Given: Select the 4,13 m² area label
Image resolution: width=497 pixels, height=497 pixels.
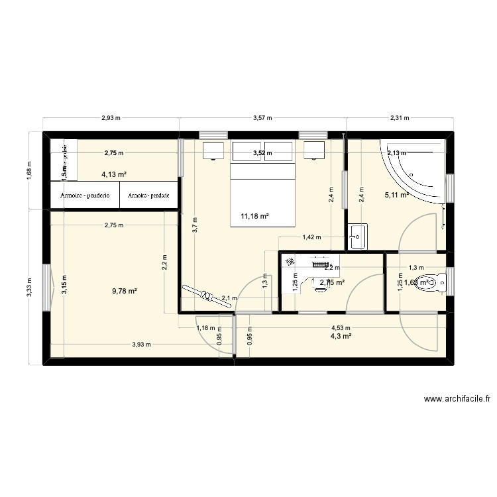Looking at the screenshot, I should (x=114, y=175).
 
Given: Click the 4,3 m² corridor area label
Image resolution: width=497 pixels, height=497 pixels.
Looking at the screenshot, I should (x=341, y=336).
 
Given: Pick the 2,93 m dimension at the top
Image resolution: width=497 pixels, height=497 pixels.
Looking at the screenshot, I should (x=111, y=119).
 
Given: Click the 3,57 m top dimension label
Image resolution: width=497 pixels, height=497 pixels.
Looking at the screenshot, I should (x=262, y=119).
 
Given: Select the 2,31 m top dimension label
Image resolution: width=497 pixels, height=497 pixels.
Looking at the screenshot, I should (x=400, y=119).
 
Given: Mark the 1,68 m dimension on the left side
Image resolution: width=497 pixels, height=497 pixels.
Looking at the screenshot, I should (x=29, y=170).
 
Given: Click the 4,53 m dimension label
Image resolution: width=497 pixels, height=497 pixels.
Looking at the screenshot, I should (x=341, y=327).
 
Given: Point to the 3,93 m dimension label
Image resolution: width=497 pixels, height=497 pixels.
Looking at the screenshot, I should (x=141, y=344).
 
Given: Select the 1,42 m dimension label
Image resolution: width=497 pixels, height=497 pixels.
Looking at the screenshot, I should (x=311, y=237).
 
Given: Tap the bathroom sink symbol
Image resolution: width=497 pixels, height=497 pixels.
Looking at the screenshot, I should (x=357, y=237).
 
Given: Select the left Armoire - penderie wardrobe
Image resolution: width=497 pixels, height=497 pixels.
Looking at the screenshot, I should (x=84, y=195).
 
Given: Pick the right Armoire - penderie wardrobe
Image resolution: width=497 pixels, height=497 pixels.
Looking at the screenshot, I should (x=148, y=195).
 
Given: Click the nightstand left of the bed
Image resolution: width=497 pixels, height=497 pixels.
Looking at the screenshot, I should (x=214, y=151).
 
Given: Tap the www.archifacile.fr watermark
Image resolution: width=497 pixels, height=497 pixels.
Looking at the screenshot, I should (x=456, y=399).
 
